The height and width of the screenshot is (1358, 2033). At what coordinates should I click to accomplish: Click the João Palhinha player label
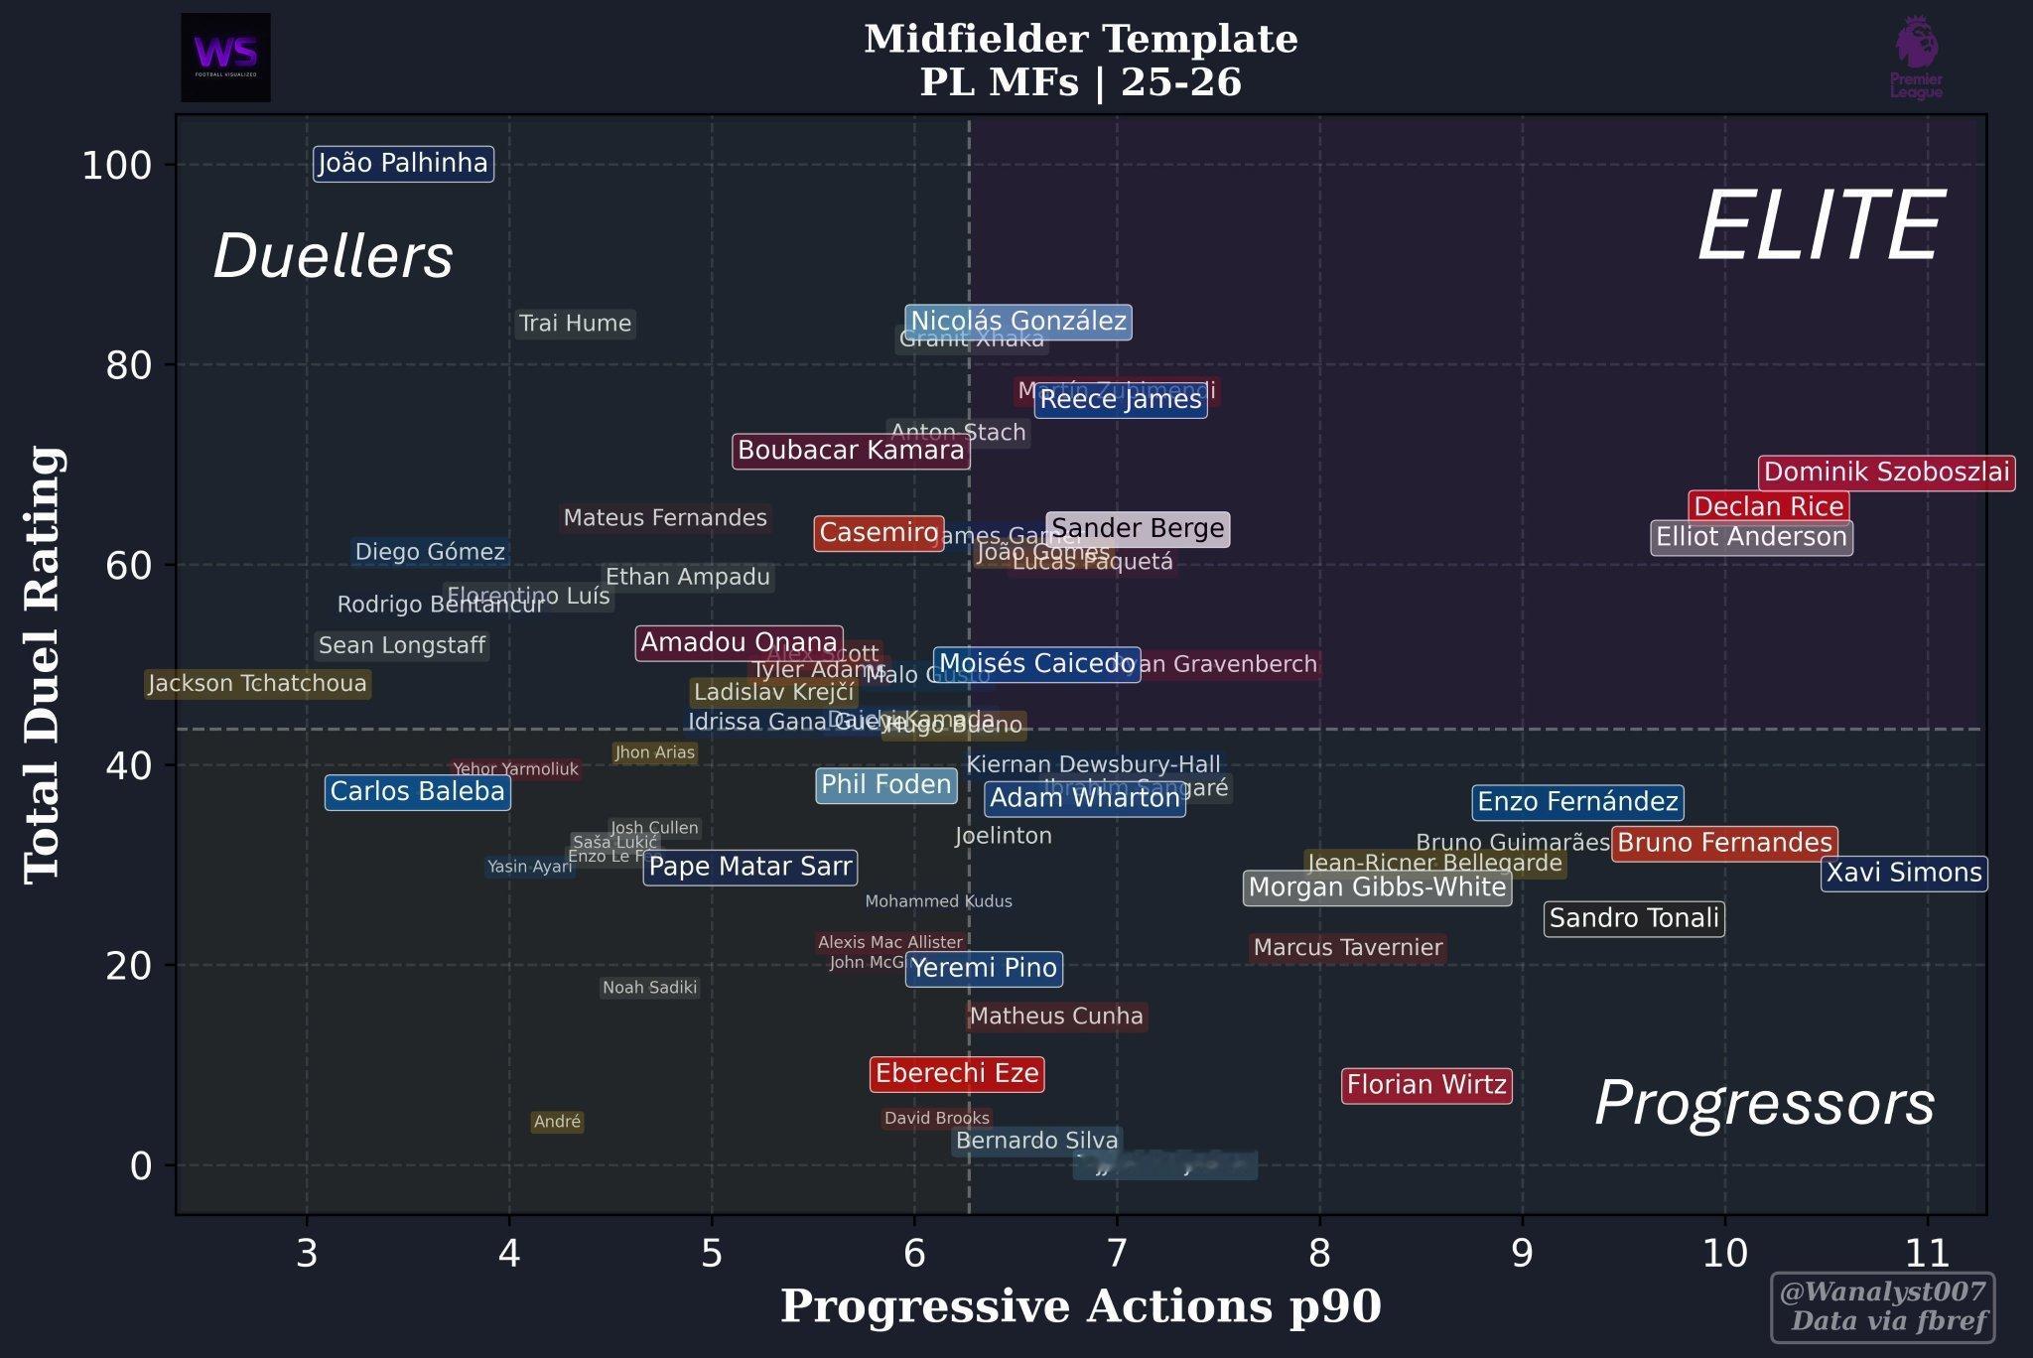pyautogui.click(x=402, y=163)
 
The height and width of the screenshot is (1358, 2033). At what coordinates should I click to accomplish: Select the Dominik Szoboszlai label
pyautogui.click(x=1886, y=473)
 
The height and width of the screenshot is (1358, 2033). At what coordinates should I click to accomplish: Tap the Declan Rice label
pyautogui.click(x=1768, y=507)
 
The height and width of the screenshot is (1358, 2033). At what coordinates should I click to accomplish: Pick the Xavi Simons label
pyautogui.click(x=1903, y=874)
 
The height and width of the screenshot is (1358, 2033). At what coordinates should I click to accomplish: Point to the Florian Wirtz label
pyautogui.click(x=1426, y=1085)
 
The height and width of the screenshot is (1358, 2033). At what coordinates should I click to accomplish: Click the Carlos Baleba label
pyautogui.click(x=417, y=792)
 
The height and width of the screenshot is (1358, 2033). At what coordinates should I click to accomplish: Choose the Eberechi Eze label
pyautogui.click(x=957, y=1074)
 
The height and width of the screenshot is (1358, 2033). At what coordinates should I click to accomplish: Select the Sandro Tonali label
pyautogui.click(x=1634, y=919)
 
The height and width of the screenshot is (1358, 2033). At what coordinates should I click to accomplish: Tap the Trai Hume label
pyautogui.click(x=575, y=324)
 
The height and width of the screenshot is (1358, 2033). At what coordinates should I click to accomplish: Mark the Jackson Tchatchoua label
pyautogui.click(x=257, y=684)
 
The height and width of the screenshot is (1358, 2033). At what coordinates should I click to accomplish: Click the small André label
pyautogui.click(x=557, y=1122)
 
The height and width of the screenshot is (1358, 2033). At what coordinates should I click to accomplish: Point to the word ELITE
pyautogui.click(x=1820, y=227)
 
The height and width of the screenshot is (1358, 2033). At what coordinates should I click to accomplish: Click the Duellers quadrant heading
pyautogui.click(x=333, y=256)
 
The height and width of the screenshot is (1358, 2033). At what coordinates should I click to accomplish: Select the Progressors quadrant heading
pyautogui.click(x=1764, y=1103)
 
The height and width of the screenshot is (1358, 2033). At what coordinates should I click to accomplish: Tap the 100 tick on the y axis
pyautogui.click(x=116, y=165)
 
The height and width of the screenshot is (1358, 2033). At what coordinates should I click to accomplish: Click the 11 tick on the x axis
pyautogui.click(x=1927, y=1254)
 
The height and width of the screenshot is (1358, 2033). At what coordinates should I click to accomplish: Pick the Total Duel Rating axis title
pyautogui.click(x=43, y=664)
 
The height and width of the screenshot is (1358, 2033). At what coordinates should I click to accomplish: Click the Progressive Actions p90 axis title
pyautogui.click(x=1080, y=1306)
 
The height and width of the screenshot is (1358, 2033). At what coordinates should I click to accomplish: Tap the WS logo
pyautogui.click(x=225, y=57)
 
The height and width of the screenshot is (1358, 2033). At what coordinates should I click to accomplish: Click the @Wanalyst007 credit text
pyautogui.click(x=1882, y=1291)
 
